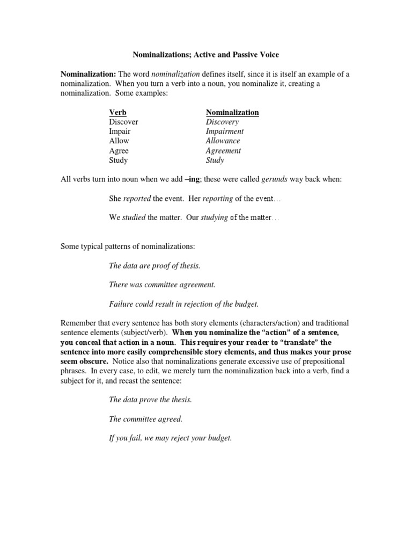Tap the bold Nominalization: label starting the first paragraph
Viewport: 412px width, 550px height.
click(x=89, y=74)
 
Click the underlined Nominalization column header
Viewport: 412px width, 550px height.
click(x=232, y=112)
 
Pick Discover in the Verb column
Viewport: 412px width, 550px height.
click(x=123, y=122)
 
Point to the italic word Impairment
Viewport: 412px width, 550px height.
click(x=225, y=132)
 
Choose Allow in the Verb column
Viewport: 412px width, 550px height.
click(x=119, y=141)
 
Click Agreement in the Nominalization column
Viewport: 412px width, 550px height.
click(x=224, y=151)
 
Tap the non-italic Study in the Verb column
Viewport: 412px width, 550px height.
click(x=119, y=161)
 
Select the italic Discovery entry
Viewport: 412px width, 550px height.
click(x=222, y=122)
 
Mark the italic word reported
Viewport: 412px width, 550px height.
click(x=137, y=199)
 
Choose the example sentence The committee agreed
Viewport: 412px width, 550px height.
click(x=142, y=418)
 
